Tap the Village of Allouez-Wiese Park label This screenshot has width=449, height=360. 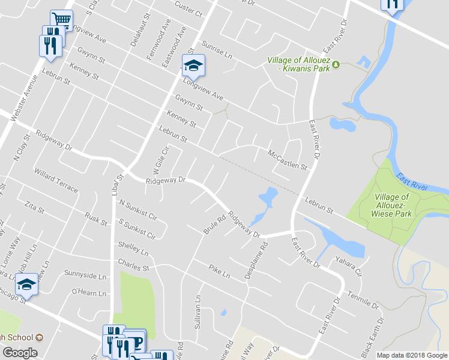[x=392, y=205]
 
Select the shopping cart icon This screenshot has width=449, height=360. [x=61, y=20]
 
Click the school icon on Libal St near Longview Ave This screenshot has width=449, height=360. [x=193, y=64]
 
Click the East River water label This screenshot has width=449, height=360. [x=412, y=182]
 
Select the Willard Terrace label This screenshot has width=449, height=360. [x=56, y=181]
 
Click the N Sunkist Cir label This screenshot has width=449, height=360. [x=138, y=209]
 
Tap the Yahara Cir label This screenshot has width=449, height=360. [x=349, y=265]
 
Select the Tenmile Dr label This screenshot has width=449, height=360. [x=364, y=299]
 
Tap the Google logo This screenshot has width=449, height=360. [x=20, y=353]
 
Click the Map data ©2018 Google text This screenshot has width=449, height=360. [x=412, y=355]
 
